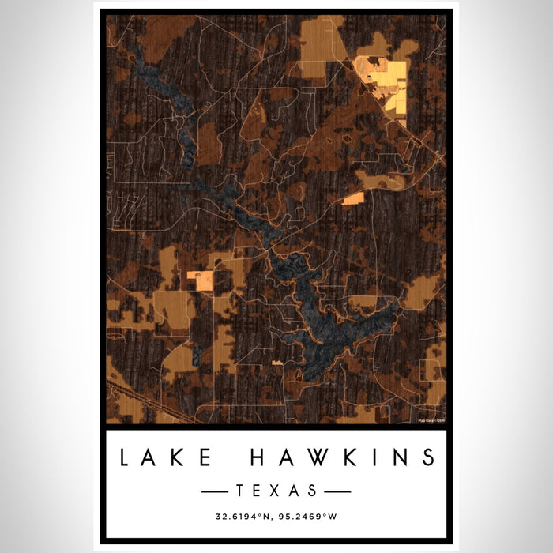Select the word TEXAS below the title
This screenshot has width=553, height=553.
[x=276, y=491]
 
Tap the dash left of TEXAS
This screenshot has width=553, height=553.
[x=215, y=491]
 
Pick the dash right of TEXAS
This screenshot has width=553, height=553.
[x=337, y=491]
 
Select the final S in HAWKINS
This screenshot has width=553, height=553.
[x=427, y=457]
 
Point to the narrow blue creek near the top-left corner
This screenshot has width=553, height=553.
[x=146, y=71]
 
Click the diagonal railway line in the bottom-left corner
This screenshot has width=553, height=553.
[x=142, y=399]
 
